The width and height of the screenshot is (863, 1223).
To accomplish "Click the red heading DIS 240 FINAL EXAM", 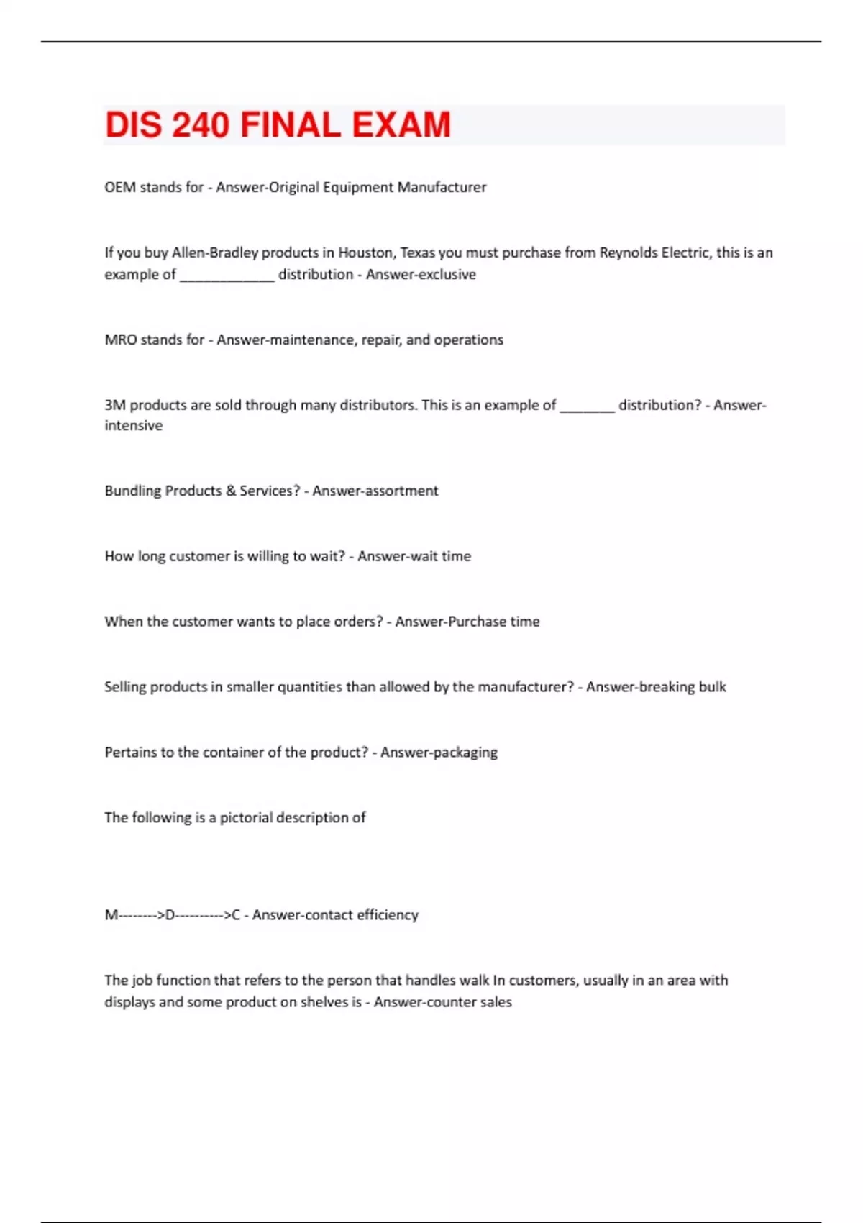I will pos(278,125).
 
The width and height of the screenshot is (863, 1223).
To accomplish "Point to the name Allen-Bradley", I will pos(214,253).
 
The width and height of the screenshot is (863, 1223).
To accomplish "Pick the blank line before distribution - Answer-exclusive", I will pos(227,277).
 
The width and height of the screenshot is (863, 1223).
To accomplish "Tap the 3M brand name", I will pos(115,405).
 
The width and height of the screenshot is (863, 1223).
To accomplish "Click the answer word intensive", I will pos(134,426).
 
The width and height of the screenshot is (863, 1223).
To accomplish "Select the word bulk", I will pos(712,687).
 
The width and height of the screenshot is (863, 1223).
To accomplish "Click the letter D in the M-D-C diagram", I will pos(170,915).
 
